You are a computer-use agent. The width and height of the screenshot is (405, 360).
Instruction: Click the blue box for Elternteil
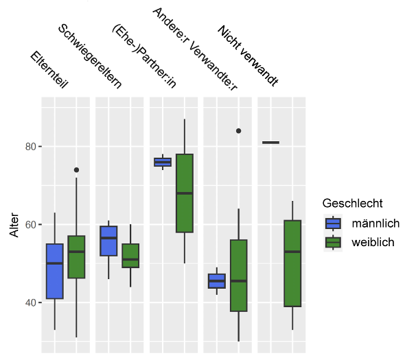(x=55, y=272)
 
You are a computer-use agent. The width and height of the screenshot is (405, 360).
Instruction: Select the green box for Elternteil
(x=76, y=256)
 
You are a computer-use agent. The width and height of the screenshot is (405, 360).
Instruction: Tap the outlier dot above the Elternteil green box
(x=76, y=170)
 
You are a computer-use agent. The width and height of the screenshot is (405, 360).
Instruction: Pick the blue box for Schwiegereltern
(x=108, y=241)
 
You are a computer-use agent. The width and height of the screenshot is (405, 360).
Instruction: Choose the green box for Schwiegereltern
(x=130, y=256)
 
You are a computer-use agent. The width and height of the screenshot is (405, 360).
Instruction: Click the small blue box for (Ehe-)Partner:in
(x=163, y=162)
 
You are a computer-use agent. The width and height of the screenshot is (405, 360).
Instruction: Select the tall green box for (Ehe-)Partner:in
(x=185, y=193)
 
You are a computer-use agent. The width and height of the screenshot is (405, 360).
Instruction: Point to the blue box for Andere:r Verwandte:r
(x=217, y=281)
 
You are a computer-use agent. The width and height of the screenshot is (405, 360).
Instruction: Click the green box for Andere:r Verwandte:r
(x=239, y=276)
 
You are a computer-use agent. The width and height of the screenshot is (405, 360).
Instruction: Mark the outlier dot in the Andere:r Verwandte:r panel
(x=239, y=131)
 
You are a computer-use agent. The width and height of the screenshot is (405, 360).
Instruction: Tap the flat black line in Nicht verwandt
(x=270, y=143)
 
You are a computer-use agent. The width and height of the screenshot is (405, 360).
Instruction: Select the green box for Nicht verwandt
(x=292, y=263)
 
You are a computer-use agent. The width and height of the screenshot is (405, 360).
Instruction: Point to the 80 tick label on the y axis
(x=30, y=147)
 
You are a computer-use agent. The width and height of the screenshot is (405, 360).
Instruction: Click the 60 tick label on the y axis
(x=30, y=224)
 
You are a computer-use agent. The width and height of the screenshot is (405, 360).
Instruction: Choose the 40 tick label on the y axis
(x=30, y=302)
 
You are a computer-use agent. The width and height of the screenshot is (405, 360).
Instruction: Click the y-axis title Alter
(x=14, y=225)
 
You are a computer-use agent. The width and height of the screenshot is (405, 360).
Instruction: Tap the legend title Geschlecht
(x=352, y=204)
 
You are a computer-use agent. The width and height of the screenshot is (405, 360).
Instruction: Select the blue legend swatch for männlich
(x=333, y=224)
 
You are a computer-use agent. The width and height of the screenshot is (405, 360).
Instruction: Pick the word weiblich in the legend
(x=373, y=242)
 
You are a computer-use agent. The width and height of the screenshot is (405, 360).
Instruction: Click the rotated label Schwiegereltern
(x=90, y=56)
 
